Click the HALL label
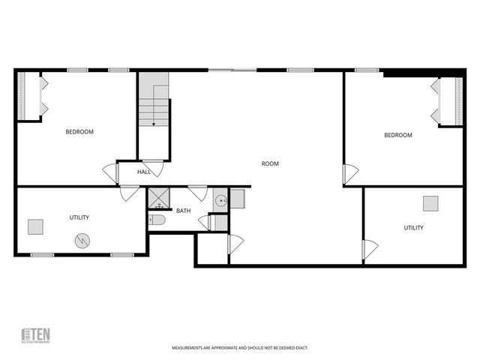click(144, 172)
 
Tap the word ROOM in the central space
click(270, 163)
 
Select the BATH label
click(184, 211)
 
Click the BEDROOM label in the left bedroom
click(79, 132)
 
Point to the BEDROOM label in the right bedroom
click(398, 135)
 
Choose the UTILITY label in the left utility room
click(79, 217)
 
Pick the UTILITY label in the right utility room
click(413, 227)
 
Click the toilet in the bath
click(157, 220)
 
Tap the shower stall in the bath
click(157, 199)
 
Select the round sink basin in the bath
click(220, 200)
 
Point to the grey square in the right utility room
click(430, 203)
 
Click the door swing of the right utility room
click(370, 250)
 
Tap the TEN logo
click(34, 336)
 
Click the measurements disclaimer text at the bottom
click(240, 348)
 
